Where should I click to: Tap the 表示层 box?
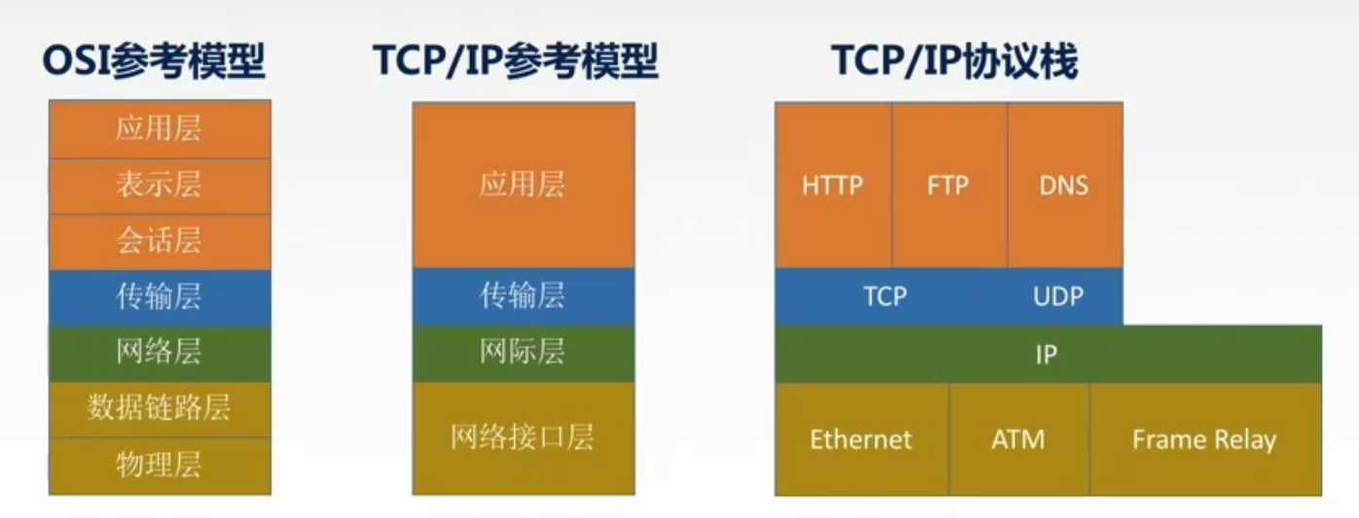(x=159, y=186)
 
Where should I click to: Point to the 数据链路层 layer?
(x=159, y=408)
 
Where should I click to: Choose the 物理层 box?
(x=159, y=464)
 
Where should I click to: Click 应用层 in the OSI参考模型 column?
(x=159, y=129)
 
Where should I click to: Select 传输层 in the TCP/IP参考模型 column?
(x=523, y=296)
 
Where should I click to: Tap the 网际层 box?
(x=523, y=352)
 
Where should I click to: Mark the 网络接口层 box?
(x=523, y=437)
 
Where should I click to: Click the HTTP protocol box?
(x=833, y=186)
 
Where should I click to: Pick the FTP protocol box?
(x=948, y=186)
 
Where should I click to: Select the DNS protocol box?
(x=1064, y=186)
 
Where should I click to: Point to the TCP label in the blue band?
(x=885, y=296)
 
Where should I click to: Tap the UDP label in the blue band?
(x=1058, y=296)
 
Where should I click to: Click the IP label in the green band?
(x=1047, y=354)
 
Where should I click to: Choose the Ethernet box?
(x=862, y=439)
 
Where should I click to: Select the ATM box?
(x=1018, y=439)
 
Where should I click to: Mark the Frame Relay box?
(x=1204, y=439)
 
